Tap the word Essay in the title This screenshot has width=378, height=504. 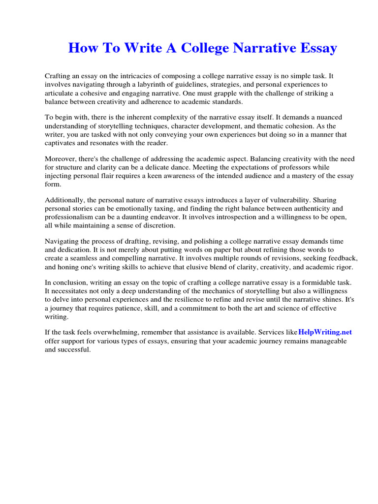pyautogui.click(x=317, y=48)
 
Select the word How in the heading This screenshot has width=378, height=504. pyautogui.click(x=82, y=48)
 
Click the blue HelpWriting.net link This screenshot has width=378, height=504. pyautogui.click(x=325, y=332)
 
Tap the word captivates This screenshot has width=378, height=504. pyautogui.click(x=61, y=143)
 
